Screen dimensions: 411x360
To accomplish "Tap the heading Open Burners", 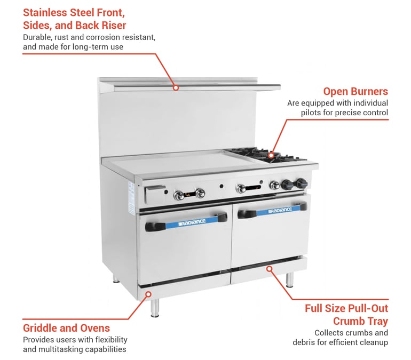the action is pos(355,91).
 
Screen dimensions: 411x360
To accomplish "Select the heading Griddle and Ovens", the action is pos(66,328).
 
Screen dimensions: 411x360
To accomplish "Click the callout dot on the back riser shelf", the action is pos(176,87).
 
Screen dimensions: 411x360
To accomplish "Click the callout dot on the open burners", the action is pos(271,155).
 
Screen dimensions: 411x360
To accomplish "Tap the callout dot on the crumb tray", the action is pos(269,268).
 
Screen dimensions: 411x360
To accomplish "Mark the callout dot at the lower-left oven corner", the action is pos(148,294).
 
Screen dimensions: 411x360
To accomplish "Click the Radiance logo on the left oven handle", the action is pos(192,222).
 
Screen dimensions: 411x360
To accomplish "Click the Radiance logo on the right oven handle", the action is pos(280,210).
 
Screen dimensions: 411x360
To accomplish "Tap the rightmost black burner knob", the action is pos(301,183).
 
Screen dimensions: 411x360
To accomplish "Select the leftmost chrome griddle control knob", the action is pos(179,195).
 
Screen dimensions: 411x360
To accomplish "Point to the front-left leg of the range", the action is pos(155,308).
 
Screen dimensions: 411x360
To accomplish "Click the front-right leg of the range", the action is pos(289,279).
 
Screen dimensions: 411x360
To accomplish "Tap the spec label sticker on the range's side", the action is pos(132,197).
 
